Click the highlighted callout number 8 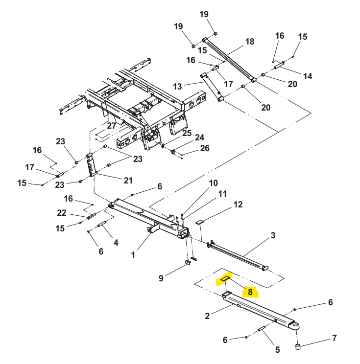tap(249, 292)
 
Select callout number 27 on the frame tap(112, 126)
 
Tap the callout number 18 tap(250, 42)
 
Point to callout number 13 tap(177, 86)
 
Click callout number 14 tap(308, 76)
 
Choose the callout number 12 tap(238, 205)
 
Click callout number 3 tap(273, 236)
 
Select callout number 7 tap(335, 338)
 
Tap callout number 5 tap(277, 349)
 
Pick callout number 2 tap(207, 316)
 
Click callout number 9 tap(161, 279)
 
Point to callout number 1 tap(133, 254)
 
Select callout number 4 tap(116, 242)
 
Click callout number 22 tap(61, 213)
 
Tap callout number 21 tap(128, 181)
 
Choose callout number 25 tap(187, 133)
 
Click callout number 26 tap(204, 148)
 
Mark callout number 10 tap(214, 183)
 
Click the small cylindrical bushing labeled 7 tap(297, 347)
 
